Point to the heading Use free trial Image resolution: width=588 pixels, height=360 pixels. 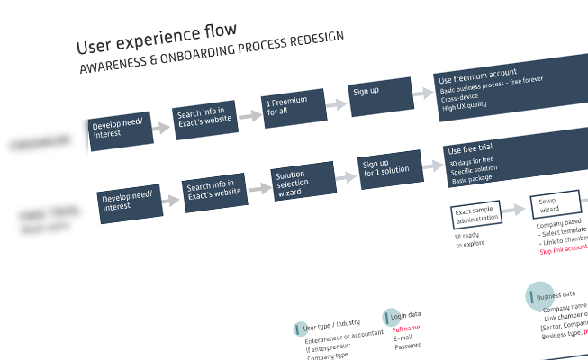coord(468,148)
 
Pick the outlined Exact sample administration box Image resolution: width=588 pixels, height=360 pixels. coord(475,214)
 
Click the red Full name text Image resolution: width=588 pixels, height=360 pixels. coord(405,330)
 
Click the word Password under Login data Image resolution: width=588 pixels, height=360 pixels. coord(407,346)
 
